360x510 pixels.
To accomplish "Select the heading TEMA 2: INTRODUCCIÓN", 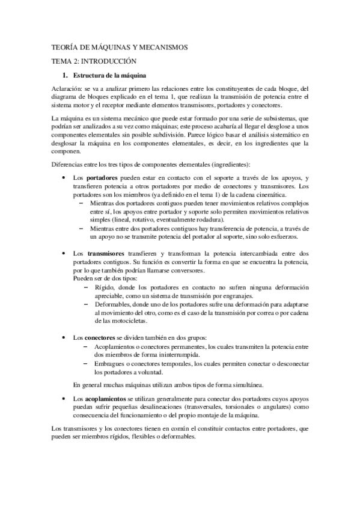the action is click(x=94, y=61).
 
